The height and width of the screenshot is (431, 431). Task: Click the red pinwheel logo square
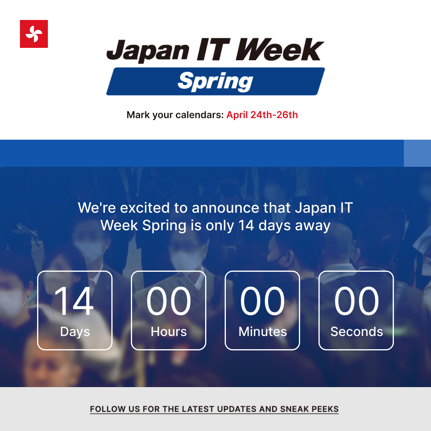coord(34,34)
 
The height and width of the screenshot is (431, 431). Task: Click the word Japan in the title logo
coord(147,51)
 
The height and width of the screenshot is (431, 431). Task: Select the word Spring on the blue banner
coord(215,81)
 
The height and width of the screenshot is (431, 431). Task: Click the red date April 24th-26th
coord(262,115)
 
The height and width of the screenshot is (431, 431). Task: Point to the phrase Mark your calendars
coord(175,115)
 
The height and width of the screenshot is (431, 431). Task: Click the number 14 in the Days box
coord(74,301)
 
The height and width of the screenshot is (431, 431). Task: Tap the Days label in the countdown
coord(75,332)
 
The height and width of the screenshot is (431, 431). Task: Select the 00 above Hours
coord(169,301)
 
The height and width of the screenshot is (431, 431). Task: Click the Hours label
coord(169,332)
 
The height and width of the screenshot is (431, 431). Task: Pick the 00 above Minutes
coord(263,301)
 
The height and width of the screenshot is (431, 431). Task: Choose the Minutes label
coord(263,332)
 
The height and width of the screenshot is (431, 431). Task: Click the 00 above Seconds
coord(356,301)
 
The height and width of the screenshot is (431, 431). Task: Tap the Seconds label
coord(356,332)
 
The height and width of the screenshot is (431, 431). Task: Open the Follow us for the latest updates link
coord(214,409)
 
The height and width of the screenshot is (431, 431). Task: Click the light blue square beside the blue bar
coord(417,153)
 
